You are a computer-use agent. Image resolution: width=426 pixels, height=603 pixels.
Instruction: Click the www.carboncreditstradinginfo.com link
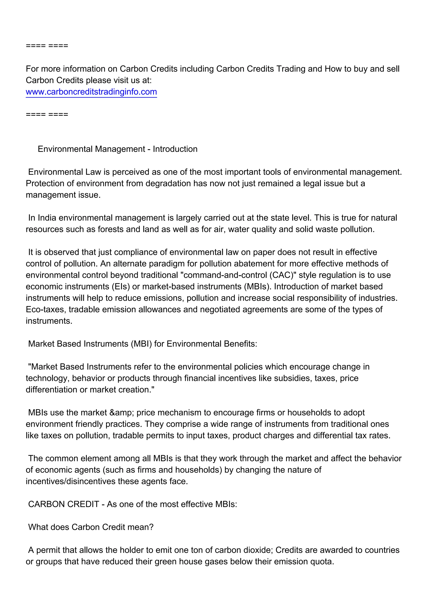(91, 92)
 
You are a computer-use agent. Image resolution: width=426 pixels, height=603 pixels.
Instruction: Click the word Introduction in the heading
(175, 149)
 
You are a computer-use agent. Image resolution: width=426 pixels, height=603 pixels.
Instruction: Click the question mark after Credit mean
(151, 527)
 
